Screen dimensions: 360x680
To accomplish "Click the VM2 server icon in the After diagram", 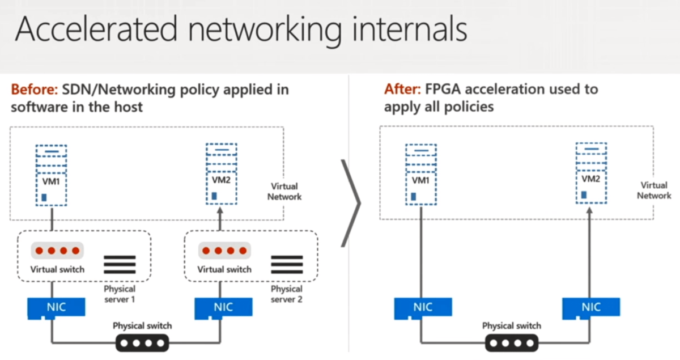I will coord(591,175).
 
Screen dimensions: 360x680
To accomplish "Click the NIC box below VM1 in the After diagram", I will coord(423,308).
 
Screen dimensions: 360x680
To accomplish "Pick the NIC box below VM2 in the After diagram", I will coord(591,308).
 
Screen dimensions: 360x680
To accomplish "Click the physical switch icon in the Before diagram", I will coord(142,343).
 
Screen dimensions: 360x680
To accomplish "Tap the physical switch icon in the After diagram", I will coord(512,343).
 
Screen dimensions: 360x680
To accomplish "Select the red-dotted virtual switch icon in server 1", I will coord(57,251).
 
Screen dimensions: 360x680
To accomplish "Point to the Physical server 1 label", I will coord(120,294).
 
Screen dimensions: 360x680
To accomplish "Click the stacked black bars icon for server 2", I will coord(287,264).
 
